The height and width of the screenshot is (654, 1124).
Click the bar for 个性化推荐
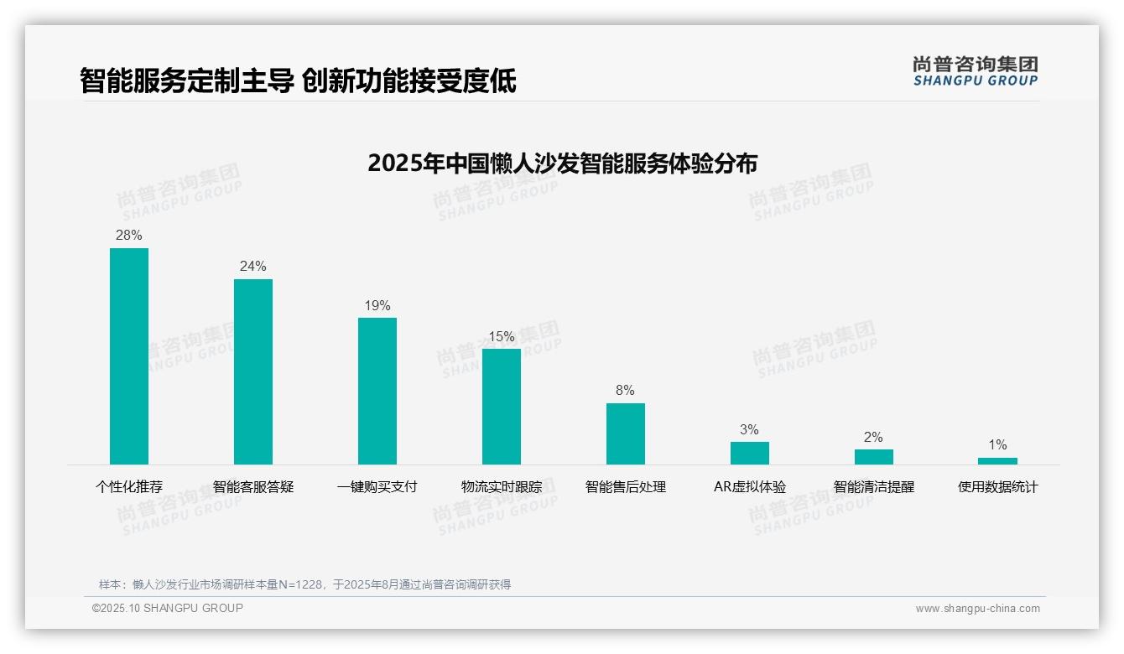pyautogui.click(x=129, y=356)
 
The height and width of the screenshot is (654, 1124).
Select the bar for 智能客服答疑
pyautogui.click(x=253, y=371)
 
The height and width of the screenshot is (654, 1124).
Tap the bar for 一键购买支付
pyautogui.click(x=377, y=391)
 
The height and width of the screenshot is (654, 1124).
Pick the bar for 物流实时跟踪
pyautogui.click(x=502, y=407)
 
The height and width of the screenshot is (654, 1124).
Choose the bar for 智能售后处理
pyautogui.click(x=626, y=433)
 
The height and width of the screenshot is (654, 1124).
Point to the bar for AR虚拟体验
pyautogui.click(x=750, y=453)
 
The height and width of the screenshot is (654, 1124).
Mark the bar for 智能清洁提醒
pyautogui.click(x=874, y=457)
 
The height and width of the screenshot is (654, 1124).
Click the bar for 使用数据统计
pyautogui.click(x=997, y=461)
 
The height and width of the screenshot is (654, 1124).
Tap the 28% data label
pyautogui.click(x=129, y=236)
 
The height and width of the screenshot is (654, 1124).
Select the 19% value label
pyautogui.click(x=377, y=306)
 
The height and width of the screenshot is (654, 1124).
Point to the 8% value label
pyautogui.click(x=626, y=391)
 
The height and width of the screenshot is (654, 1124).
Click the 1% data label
pyautogui.click(x=997, y=445)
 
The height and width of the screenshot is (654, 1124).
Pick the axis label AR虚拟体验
pyautogui.click(x=750, y=487)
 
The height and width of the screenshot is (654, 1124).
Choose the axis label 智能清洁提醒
pyautogui.click(x=874, y=487)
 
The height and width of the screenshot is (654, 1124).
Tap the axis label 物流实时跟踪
pyautogui.click(x=502, y=487)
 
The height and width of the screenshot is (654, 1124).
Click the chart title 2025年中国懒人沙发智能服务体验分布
pyautogui.click(x=562, y=163)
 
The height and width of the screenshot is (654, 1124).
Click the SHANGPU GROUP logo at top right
pyautogui.click(x=976, y=71)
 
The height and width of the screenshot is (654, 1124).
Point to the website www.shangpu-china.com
pyautogui.click(x=977, y=609)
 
